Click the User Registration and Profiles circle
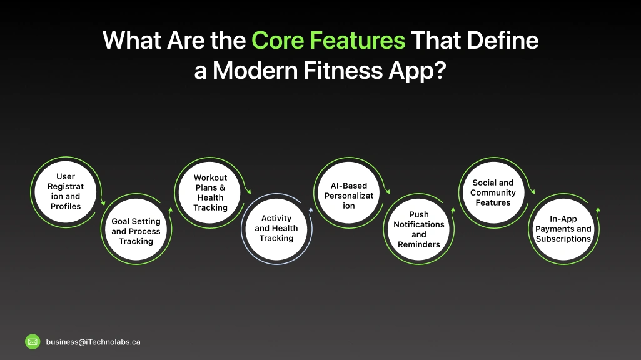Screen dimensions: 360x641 (66, 191)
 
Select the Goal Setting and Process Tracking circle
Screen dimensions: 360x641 (136, 231)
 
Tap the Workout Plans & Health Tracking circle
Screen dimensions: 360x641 (210, 192)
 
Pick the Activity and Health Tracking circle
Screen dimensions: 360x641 (276, 229)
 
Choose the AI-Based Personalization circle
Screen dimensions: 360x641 (349, 196)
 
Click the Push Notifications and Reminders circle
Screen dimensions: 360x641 (419, 229)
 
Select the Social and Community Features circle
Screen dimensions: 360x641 (493, 192)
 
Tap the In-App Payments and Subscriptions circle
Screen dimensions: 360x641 (563, 229)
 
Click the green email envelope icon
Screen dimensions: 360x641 (33, 342)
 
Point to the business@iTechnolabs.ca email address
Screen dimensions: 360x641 (93, 342)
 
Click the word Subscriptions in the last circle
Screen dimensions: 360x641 (563, 239)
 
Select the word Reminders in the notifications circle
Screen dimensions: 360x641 (419, 244)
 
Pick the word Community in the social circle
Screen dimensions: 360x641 (493, 192)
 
